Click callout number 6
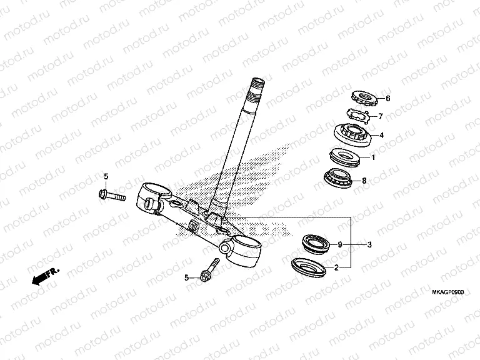coord(387,99)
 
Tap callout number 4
coord(381,135)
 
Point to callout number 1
coord(373,157)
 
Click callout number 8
coord(364,181)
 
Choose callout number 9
coord(340,244)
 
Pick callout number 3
coord(369,244)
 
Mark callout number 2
coord(336,267)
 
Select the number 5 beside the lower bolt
coord(186,277)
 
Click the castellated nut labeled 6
coord(362,96)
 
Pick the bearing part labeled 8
coord(342,177)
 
